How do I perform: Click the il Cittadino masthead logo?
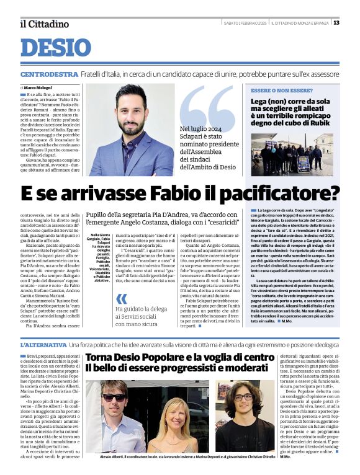(44, 24)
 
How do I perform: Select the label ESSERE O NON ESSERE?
(276, 91)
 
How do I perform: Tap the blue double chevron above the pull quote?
(122, 298)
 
